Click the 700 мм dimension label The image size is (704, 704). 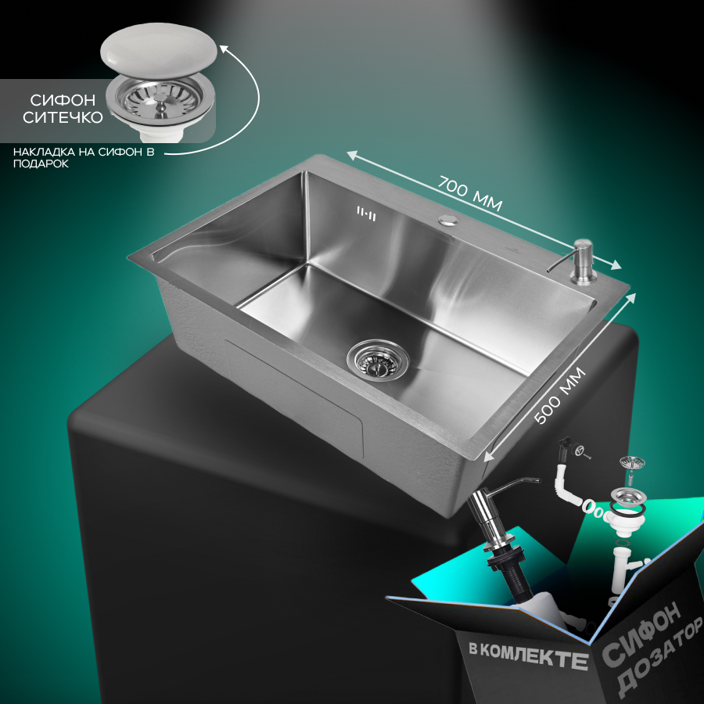click(x=469, y=193)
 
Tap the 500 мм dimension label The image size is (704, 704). click(x=560, y=395)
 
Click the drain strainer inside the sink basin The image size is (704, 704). click(x=378, y=358)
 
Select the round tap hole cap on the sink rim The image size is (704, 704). click(x=448, y=220)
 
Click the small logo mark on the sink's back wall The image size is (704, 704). click(x=366, y=213)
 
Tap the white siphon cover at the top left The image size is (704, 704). click(x=159, y=48)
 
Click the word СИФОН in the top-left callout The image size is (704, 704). click(x=63, y=99)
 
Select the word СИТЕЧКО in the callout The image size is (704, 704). click(x=63, y=117)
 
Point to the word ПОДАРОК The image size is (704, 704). click(x=41, y=164)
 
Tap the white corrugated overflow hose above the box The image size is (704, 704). click(x=569, y=483)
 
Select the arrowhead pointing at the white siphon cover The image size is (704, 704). click(x=223, y=48)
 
